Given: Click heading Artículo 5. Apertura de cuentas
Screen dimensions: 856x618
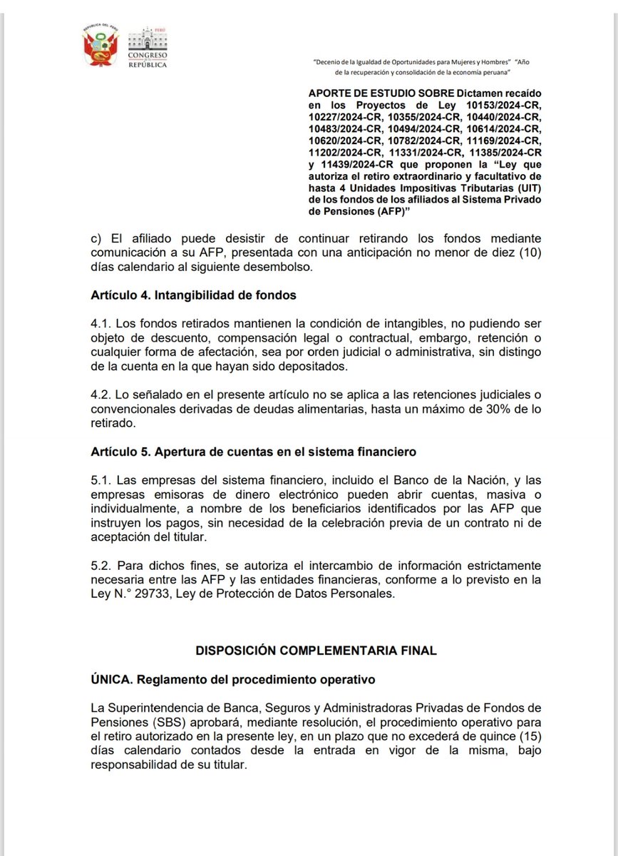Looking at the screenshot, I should pyautogui.click(x=253, y=452).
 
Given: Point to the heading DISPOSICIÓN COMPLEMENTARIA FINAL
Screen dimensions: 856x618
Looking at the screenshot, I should pyautogui.click(x=316, y=651).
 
